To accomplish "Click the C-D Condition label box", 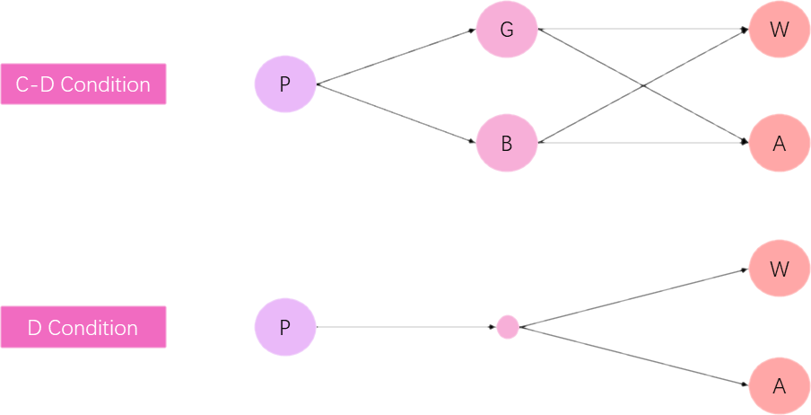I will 83,84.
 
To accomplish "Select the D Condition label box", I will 83,328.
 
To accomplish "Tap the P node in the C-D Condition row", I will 285,84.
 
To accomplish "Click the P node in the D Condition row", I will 285,327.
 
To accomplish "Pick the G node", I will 506,30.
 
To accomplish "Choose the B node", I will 506,142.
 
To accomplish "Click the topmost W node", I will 779,30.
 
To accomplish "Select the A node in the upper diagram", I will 779,142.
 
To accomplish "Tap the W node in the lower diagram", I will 779,269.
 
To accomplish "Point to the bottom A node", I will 779,386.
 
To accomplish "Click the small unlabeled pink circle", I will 508,327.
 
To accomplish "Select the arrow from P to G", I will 395,57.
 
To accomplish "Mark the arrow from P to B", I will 395,113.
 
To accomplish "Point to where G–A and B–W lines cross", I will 644,86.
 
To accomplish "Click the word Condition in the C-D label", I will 106,84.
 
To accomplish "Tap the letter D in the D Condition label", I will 35,328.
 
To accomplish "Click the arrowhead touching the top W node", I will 745,31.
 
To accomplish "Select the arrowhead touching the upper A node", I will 745,141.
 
